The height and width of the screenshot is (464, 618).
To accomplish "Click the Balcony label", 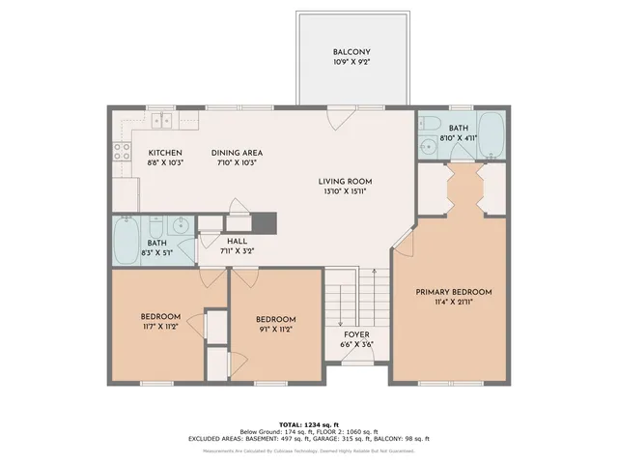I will pyautogui.click(x=352, y=52).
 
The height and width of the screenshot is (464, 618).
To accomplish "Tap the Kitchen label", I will pyautogui.click(x=165, y=153).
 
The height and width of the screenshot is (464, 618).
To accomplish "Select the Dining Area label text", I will pyautogui.click(x=237, y=153).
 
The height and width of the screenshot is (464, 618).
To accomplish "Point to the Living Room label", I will pyautogui.click(x=346, y=182).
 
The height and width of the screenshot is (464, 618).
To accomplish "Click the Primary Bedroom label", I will pyautogui.click(x=454, y=292).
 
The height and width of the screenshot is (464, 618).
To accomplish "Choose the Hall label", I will pyautogui.click(x=237, y=242).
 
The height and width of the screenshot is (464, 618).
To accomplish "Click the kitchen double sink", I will pyautogui.click(x=160, y=121).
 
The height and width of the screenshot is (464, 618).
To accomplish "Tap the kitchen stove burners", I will pyautogui.click(x=123, y=150).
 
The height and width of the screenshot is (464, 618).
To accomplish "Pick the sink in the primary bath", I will pyautogui.click(x=428, y=147).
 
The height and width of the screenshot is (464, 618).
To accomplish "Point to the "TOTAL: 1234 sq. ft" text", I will pyautogui.click(x=309, y=424).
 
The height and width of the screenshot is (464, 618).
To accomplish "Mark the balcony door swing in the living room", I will pyautogui.click(x=337, y=117).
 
